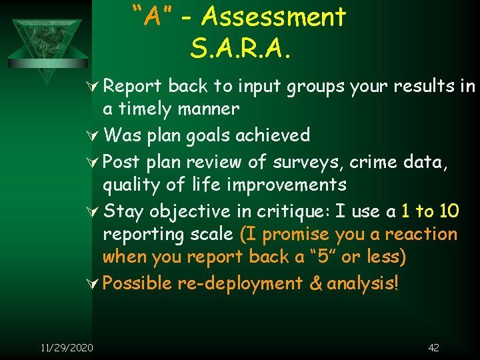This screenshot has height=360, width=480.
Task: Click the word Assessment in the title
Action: point(274,17)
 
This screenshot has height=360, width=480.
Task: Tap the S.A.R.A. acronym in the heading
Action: point(241,47)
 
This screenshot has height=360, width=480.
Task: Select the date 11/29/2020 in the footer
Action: point(67,347)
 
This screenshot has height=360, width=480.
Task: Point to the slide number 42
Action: point(433,347)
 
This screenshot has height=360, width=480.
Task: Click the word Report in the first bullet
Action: point(133,87)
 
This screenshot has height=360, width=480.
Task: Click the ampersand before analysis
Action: point(315,283)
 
